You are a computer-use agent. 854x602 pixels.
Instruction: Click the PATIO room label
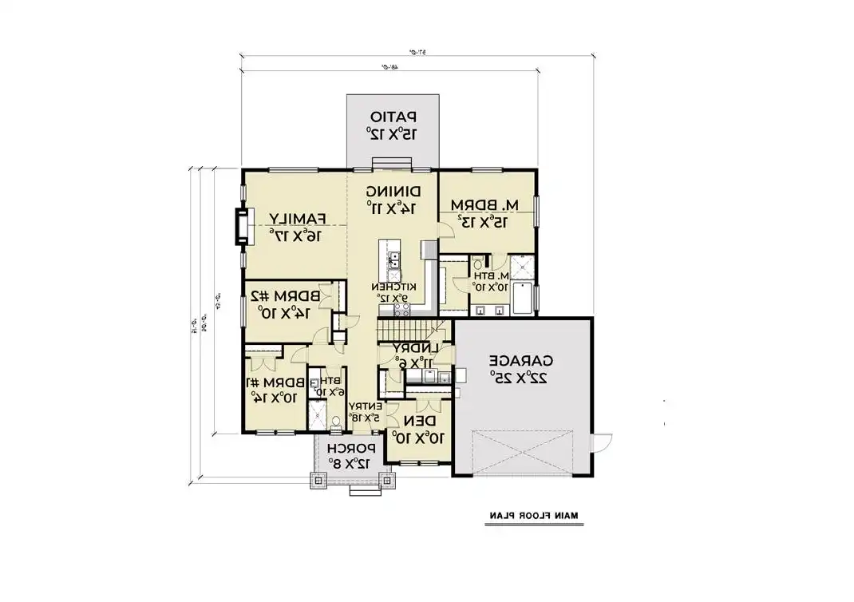(392, 116)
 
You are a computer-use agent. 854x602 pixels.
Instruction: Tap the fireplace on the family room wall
(240, 228)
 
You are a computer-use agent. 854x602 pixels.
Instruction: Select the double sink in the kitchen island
(394, 259)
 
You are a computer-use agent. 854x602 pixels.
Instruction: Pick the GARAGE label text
(524, 359)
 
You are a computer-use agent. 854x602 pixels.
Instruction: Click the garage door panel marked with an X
(522, 453)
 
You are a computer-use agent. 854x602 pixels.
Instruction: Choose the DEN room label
(420, 421)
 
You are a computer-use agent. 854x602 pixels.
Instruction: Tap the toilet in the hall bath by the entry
(336, 420)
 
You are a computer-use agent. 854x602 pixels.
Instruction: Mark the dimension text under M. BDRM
(476, 220)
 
